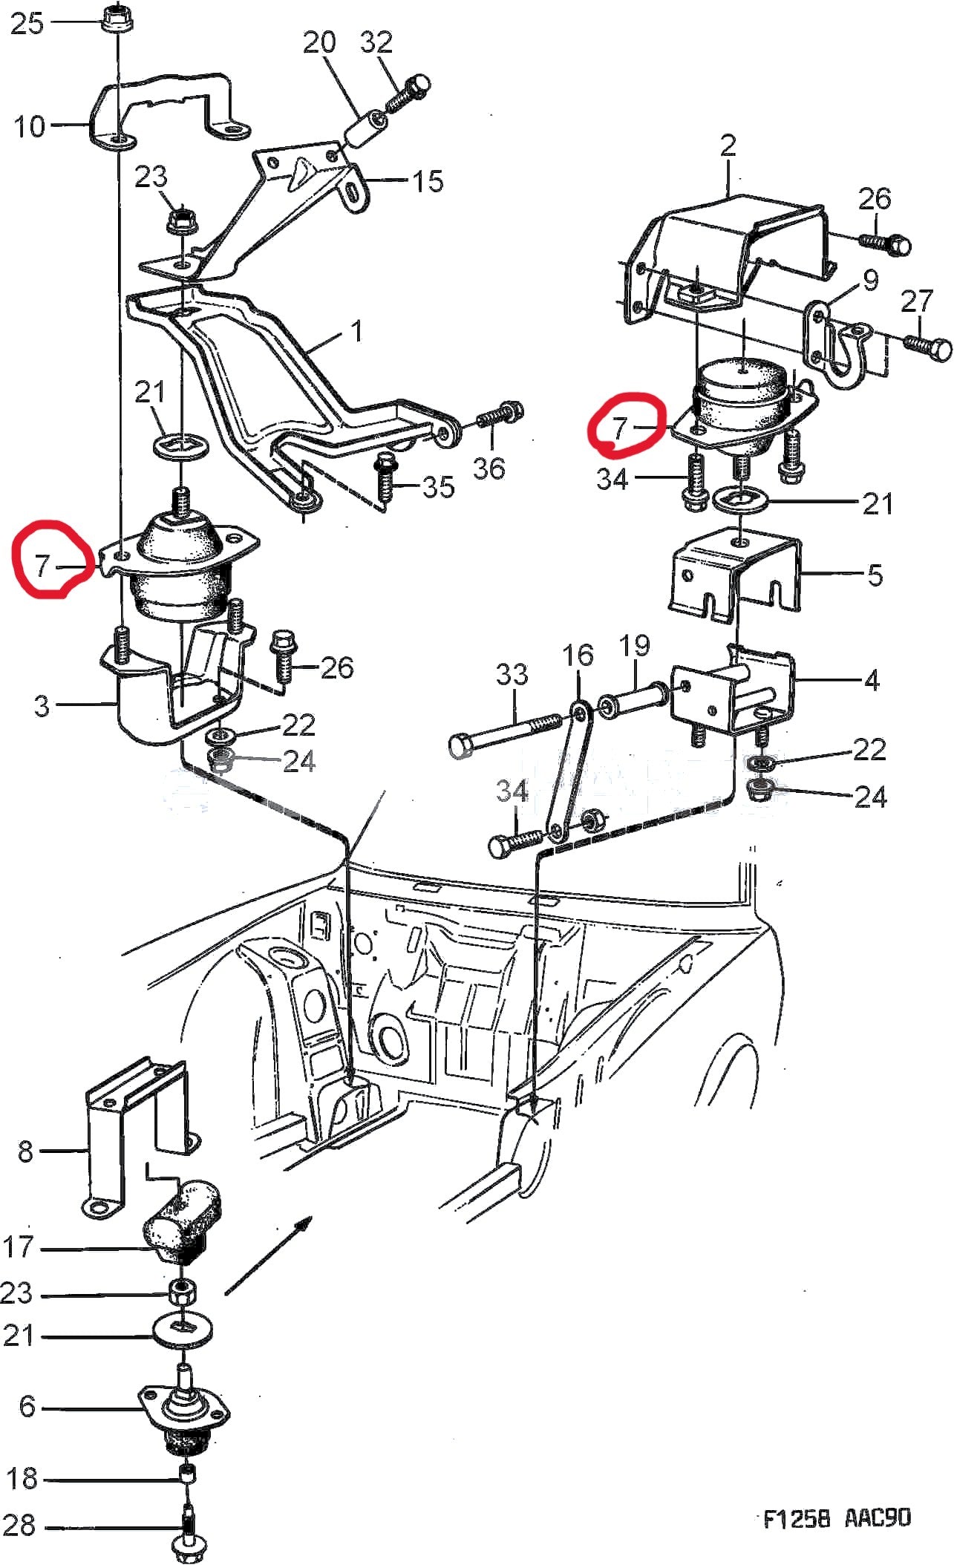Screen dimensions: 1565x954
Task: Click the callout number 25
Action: (27, 24)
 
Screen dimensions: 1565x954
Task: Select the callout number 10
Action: (30, 126)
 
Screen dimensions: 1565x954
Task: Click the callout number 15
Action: (428, 180)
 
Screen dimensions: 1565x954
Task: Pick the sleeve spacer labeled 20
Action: (365, 131)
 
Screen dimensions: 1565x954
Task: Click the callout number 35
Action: (438, 487)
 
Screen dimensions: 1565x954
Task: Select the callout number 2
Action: (728, 145)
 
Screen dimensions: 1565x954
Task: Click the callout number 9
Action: (870, 280)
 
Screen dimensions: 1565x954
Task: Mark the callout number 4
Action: (872, 679)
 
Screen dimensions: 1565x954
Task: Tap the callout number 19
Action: (634, 645)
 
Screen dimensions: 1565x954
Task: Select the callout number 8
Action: (25, 1151)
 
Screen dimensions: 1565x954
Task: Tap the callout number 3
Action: (42, 705)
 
